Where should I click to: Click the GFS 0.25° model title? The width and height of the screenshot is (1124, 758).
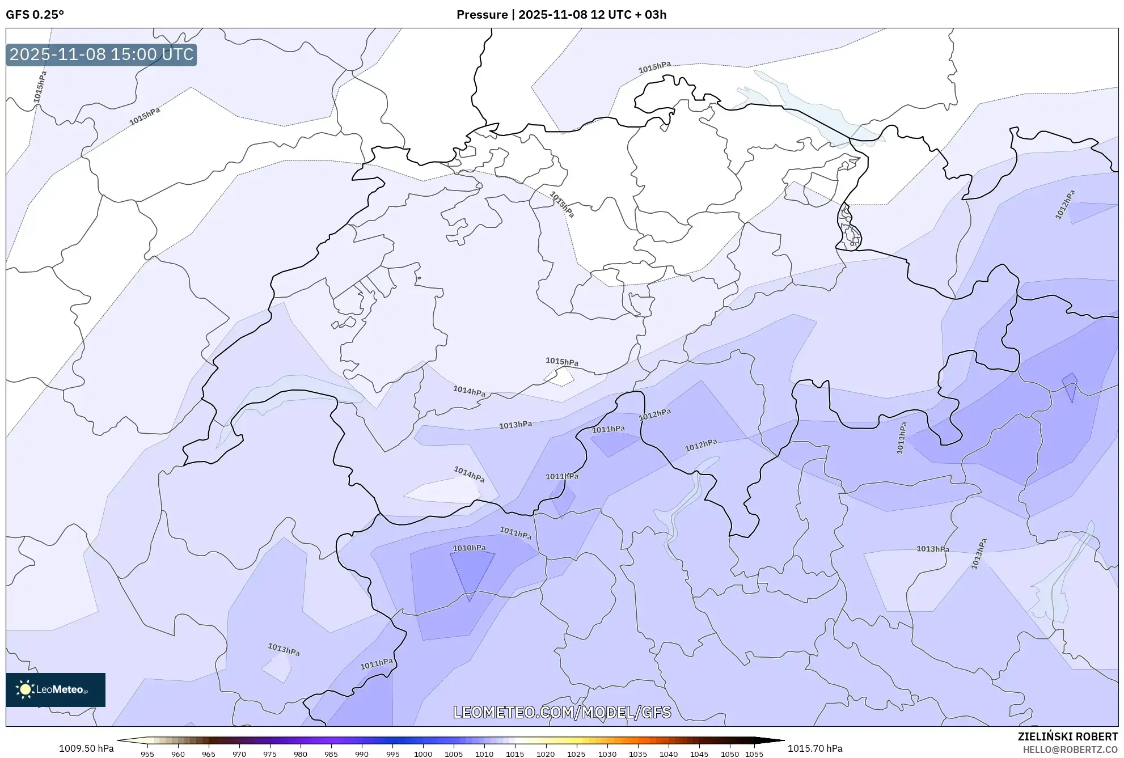(35, 14)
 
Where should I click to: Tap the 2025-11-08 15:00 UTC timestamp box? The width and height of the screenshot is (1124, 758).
(102, 54)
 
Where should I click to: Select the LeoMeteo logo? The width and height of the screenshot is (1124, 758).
(56, 689)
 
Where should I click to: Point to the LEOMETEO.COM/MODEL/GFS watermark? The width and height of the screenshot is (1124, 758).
(562, 712)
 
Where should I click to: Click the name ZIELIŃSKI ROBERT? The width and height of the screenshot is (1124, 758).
(1067, 736)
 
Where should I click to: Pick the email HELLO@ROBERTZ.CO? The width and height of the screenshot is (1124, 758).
(1070, 749)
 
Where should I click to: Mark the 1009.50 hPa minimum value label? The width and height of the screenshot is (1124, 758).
(86, 748)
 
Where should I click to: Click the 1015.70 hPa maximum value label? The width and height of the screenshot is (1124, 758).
(815, 748)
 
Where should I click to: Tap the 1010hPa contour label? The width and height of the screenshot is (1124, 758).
(469, 548)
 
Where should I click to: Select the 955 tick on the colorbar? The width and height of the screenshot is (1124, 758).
(147, 754)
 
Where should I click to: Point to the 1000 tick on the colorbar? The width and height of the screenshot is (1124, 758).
(423, 754)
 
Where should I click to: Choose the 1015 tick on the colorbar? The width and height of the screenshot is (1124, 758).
(515, 754)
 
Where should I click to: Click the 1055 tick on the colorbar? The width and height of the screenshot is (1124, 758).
(754, 754)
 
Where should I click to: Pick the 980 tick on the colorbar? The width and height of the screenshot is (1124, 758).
(301, 754)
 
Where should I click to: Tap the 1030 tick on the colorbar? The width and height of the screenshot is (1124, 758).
(607, 754)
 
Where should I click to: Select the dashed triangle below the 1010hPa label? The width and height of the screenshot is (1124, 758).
(471, 573)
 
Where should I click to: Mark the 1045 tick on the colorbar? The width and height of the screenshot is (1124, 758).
(699, 754)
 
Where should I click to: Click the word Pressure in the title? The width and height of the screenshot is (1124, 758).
(482, 14)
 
